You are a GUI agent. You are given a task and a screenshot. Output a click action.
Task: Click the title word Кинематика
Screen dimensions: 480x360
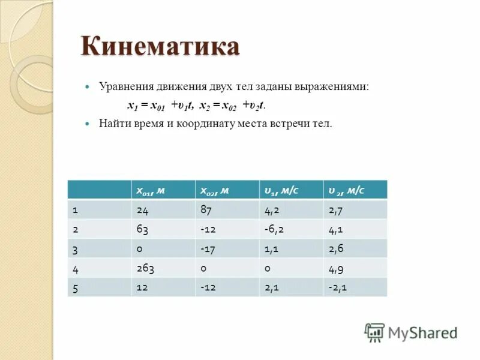coord(160,47)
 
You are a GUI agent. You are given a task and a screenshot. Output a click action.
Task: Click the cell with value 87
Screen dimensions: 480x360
coord(227,209)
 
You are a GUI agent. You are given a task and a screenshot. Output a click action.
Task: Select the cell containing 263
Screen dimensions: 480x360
coord(163,268)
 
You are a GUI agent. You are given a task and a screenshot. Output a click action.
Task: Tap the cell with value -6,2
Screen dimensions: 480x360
coord(292,229)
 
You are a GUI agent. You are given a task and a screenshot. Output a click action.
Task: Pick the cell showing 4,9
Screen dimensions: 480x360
coord(355,268)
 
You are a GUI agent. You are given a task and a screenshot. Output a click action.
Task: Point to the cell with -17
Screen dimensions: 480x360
coord(227,248)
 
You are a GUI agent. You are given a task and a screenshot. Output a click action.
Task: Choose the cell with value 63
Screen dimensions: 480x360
coord(163,229)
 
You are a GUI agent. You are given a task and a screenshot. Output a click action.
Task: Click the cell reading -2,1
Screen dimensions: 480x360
coord(355,287)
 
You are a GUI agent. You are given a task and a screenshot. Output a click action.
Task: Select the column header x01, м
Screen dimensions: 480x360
coord(163,190)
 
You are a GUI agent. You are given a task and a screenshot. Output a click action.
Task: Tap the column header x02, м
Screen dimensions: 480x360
coord(227,190)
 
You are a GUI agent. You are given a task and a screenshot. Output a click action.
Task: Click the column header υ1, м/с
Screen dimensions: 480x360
coord(292,190)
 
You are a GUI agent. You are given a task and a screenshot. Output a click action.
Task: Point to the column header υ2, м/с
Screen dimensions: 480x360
coord(355,190)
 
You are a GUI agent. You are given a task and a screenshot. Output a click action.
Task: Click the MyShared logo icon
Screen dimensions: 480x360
coord(374,332)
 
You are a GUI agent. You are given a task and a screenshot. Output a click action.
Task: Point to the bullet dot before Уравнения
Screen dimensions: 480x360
coord(88,87)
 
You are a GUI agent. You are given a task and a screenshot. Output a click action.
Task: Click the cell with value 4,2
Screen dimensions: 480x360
coord(292,209)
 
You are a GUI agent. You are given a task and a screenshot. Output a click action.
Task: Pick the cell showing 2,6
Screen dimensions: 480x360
coord(355,248)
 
